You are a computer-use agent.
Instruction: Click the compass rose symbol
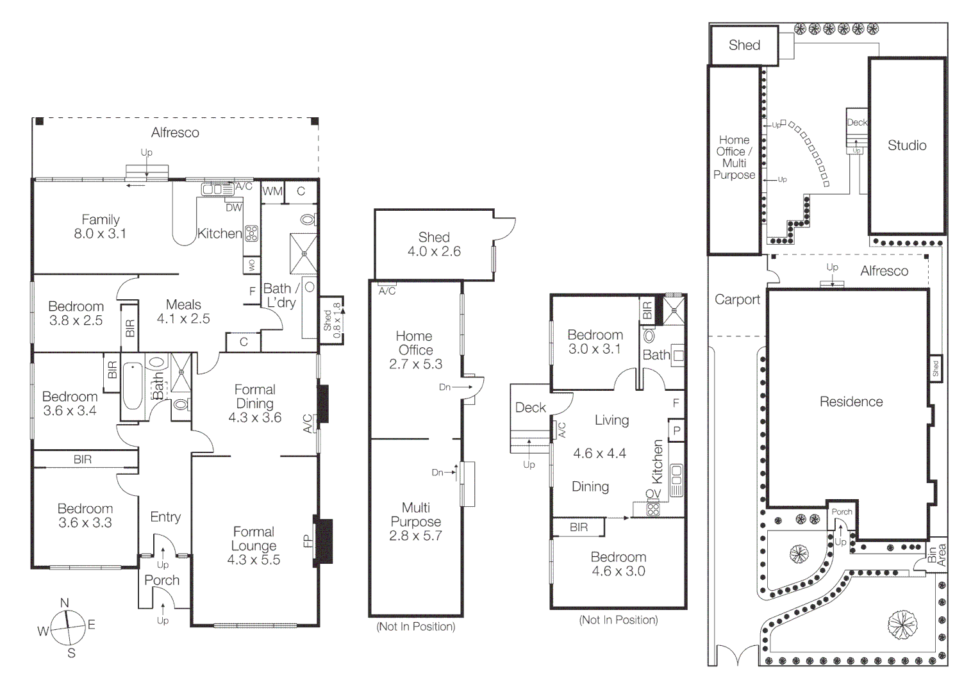coord(68,628)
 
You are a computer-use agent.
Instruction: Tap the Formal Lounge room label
coord(254,545)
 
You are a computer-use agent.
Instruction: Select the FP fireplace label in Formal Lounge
coord(308,541)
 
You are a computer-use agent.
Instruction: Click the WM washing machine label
coord(272,191)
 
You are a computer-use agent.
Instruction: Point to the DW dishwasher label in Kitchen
coord(234,208)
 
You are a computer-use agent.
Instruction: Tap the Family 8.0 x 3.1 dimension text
coord(100,234)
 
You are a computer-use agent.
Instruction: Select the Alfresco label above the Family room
coord(175,133)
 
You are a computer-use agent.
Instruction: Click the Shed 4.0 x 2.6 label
coord(434,244)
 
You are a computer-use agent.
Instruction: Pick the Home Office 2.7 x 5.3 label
coord(415,350)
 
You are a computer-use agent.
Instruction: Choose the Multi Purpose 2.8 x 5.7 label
coord(415,522)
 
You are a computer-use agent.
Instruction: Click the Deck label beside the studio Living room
coord(530,408)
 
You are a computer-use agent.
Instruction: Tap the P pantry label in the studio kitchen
coord(676,431)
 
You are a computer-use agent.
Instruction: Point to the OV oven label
coord(652,494)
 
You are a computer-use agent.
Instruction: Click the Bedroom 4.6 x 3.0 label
coord(618,564)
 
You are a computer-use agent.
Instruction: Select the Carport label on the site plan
coord(737,300)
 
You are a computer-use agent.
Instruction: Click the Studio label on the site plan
coord(907,145)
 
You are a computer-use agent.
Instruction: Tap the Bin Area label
coord(936,555)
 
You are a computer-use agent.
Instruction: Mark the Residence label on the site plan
coord(851,402)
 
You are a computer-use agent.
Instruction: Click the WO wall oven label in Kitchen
coord(251,265)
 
